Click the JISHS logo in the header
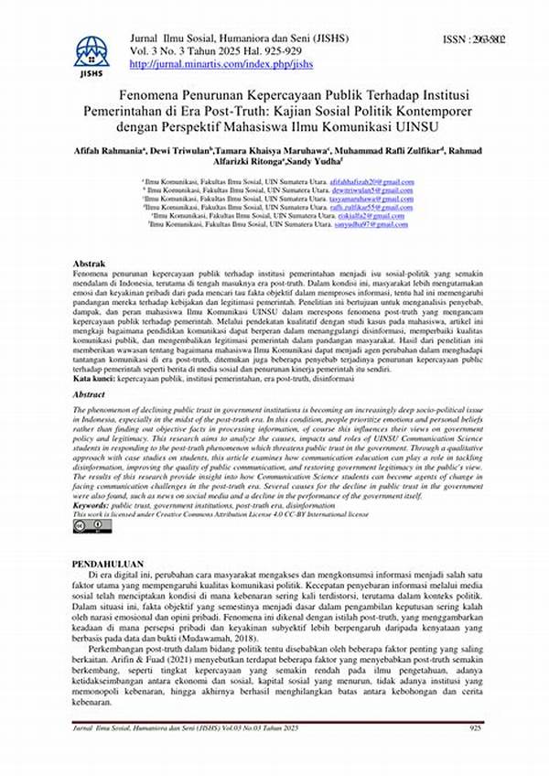click(x=91, y=56)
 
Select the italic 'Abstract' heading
click(x=91, y=394)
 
